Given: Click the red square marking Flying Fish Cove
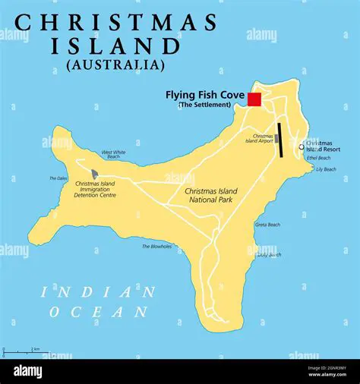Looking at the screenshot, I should tap(254, 99).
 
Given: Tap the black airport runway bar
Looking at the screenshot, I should tap(279, 140).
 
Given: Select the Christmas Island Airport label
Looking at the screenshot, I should tap(258, 138).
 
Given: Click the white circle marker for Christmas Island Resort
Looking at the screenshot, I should tap(302, 147).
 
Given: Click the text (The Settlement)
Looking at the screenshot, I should tap(204, 105).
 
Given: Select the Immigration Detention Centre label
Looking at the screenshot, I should tap(96, 190).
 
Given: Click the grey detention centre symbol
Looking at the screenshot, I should tap(94, 175).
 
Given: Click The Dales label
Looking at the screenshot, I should tap(58, 178).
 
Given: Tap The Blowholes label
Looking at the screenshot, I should tap(156, 246).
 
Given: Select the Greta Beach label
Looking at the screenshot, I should tap(267, 225).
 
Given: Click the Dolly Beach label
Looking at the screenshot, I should tap(270, 254).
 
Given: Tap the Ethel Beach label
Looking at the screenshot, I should tap(318, 158).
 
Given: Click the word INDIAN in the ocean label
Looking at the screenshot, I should tap(99, 291).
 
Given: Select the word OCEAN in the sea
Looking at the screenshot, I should tap(99, 311).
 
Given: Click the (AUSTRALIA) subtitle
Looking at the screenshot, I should tap(115, 65).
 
